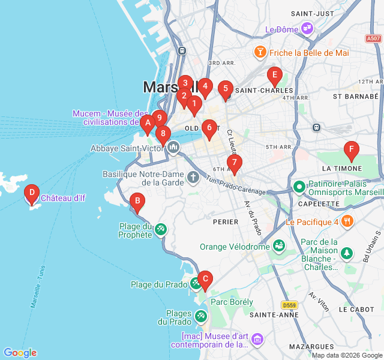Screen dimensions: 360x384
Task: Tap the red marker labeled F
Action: (x=351, y=149)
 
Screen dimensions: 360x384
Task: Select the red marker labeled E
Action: (x=274, y=76)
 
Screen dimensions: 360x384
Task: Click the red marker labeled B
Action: (x=137, y=202)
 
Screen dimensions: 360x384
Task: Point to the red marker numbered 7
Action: (x=234, y=162)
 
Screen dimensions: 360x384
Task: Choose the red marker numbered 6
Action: (x=209, y=128)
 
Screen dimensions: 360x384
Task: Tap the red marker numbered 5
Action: (x=225, y=90)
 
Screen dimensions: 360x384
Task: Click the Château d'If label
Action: (x=63, y=198)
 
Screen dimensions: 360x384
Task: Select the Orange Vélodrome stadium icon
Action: (x=278, y=246)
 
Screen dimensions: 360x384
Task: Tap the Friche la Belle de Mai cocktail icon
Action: (x=260, y=52)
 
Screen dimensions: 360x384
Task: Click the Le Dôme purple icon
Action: (x=307, y=28)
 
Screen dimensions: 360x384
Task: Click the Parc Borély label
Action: (x=232, y=302)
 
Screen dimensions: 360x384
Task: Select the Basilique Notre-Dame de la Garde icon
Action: (x=193, y=177)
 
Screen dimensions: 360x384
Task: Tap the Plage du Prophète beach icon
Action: (x=160, y=229)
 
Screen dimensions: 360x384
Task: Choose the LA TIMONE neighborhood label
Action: (x=342, y=169)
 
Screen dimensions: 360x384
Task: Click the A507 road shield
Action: (x=373, y=38)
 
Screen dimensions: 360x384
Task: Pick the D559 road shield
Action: (x=289, y=304)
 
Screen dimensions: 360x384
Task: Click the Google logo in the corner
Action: (x=20, y=353)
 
